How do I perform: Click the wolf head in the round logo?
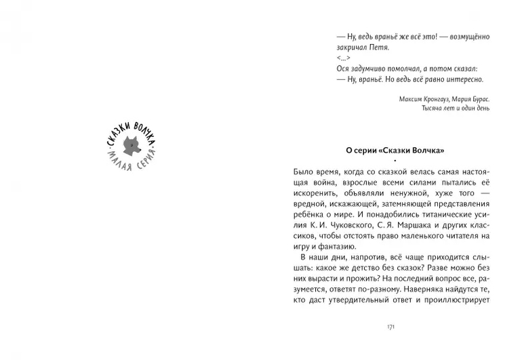pyautogui.click(x=132, y=146)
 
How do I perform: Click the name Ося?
pyautogui.click(x=343, y=68)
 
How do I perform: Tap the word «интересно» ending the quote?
pyautogui.click(x=470, y=79)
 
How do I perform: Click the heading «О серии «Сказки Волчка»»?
pyautogui.click(x=391, y=151)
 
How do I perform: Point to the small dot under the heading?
pyautogui.click(x=392, y=161)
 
